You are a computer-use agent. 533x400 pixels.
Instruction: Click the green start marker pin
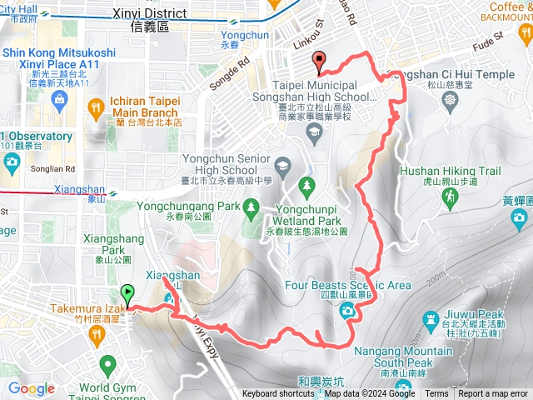[127, 294]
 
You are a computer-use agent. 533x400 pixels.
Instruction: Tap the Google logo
[31, 389]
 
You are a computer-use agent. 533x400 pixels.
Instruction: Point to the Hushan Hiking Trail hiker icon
[451, 197]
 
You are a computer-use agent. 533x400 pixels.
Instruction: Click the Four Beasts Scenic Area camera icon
[347, 311]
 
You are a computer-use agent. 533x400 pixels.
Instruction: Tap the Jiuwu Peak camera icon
[430, 318]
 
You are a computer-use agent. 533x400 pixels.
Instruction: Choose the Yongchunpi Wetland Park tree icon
[307, 183]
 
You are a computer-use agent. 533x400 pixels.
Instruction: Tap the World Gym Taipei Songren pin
[107, 364]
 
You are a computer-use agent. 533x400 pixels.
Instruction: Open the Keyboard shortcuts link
[278, 394]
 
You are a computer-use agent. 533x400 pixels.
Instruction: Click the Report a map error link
[493, 394]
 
